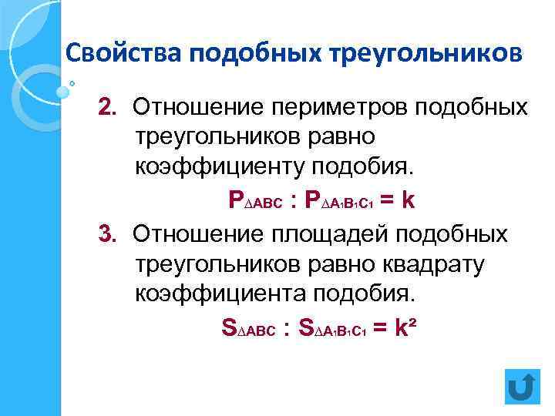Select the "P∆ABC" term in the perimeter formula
(254, 202)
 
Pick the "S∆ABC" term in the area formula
(248, 329)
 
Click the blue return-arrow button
(523, 387)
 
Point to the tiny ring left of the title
(72, 83)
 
